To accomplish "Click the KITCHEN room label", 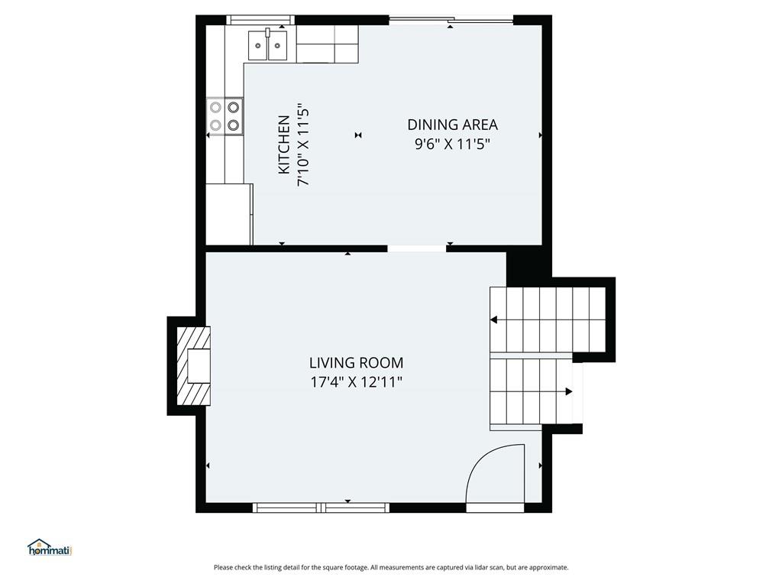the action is click(284, 144).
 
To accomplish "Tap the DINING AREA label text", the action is click(452, 125).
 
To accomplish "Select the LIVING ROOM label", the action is click(356, 362).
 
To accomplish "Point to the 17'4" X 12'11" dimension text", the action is click(356, 382).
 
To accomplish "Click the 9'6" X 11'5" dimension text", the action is click(452, 144).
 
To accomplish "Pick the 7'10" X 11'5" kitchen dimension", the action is click(304, 144).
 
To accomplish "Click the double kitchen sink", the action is click(268, 44).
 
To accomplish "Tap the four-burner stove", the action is click(225, 116).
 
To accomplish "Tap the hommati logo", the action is click(50, 547).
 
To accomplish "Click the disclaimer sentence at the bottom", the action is click(391, 568).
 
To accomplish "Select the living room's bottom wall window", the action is click(321, 508).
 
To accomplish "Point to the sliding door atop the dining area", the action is click(451, 20).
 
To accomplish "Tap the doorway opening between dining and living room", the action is click(417, 248).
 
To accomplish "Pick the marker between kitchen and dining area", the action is click(358, 135).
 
